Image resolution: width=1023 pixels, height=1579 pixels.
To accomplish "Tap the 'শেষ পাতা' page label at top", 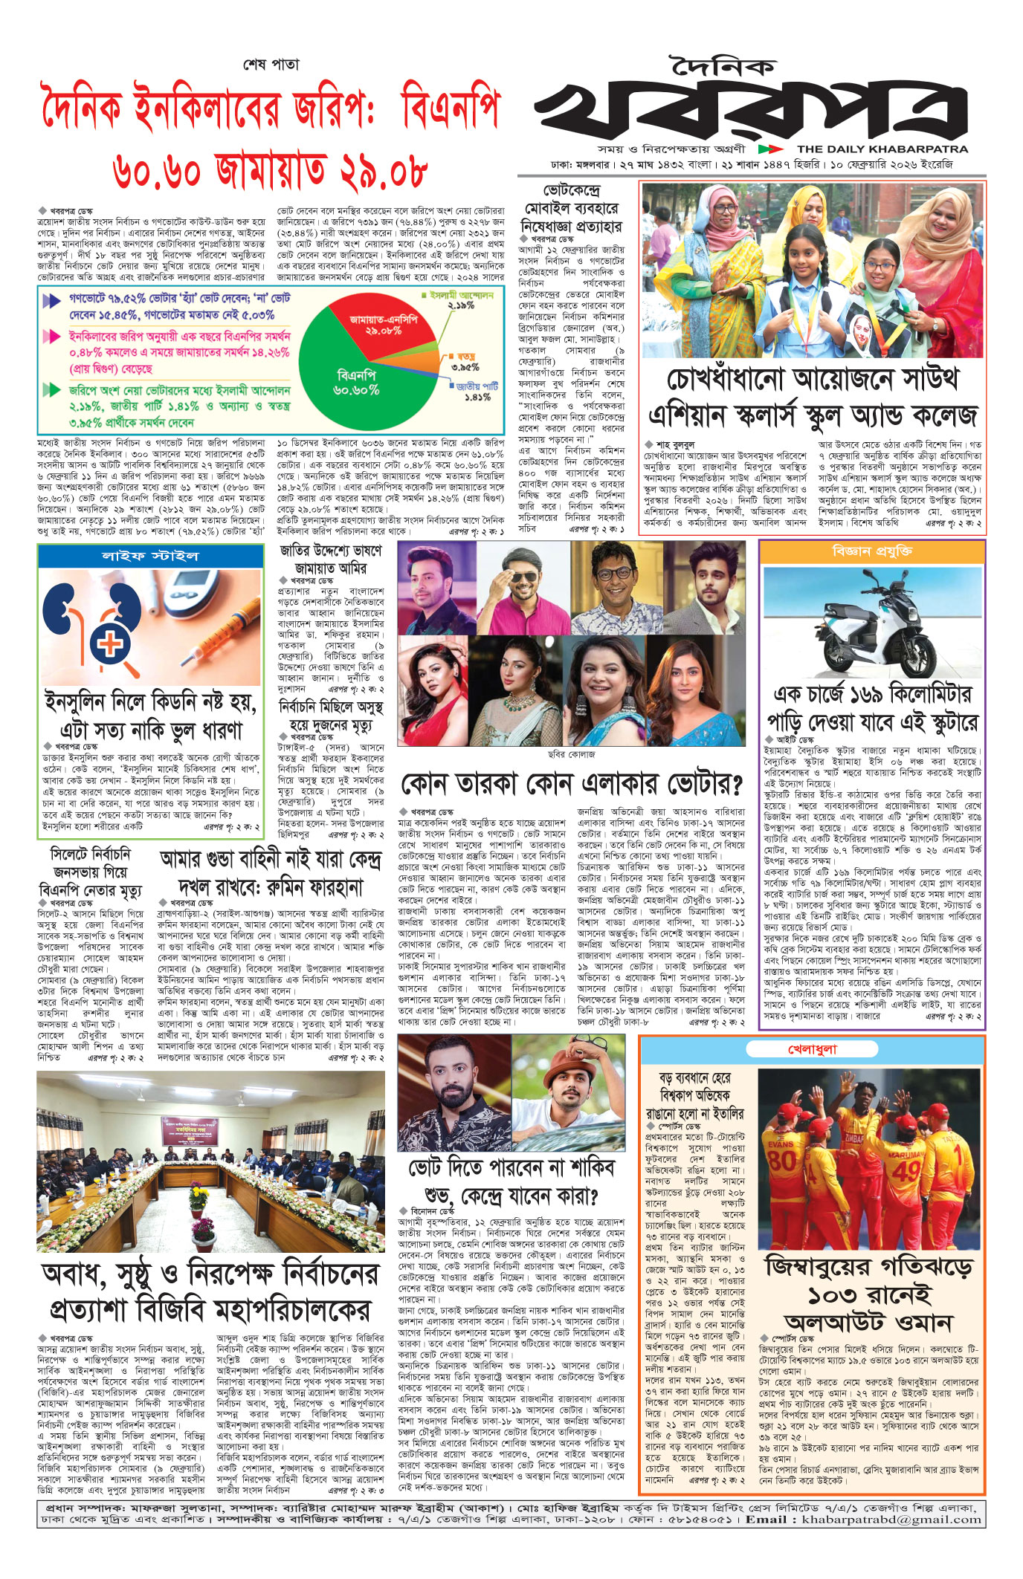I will tap(271, 65).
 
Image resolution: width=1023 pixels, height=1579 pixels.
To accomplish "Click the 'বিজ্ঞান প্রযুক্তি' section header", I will tap(872, 551).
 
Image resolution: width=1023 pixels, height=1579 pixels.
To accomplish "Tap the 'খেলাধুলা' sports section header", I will tap(812, 1049).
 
